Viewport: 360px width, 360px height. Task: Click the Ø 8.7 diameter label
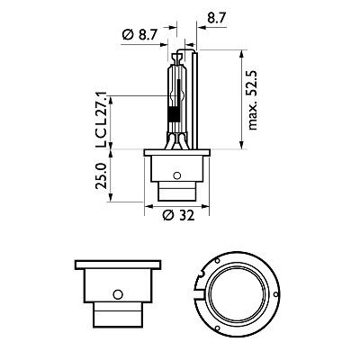[139, 35]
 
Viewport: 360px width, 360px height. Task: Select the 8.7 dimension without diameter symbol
[217, 17]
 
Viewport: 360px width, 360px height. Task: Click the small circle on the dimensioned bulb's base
[177, 174]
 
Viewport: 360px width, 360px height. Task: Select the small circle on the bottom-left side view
[118, 294]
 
